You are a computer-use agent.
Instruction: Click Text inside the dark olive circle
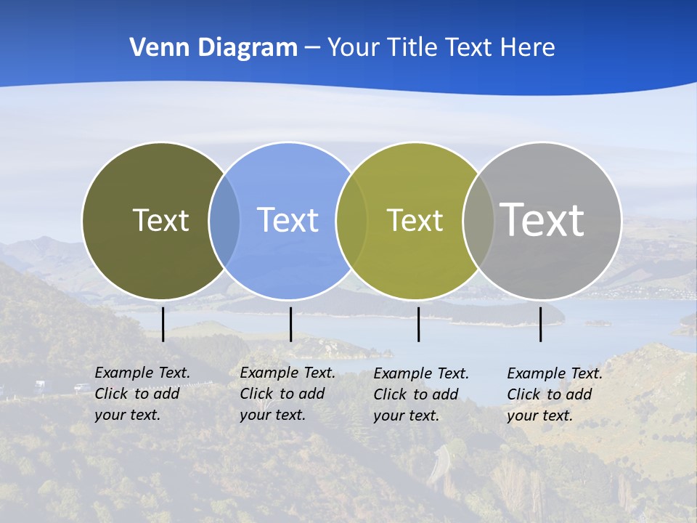pyautogui.click(x=160, y=220)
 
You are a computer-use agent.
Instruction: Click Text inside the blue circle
pyautogui.click(x=288, y=220)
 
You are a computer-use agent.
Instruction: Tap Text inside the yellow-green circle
pyautogui.click(x=415, y=220)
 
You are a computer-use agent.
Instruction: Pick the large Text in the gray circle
pyautogui.click(x=542, y=219)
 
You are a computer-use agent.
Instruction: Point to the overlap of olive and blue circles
pyautogui.click(x=224, y=220)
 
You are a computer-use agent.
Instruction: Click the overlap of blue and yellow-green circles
pyautogui.click(x=352, y=220)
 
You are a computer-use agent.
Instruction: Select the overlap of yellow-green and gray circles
pyautogui.click(x=478, y=220)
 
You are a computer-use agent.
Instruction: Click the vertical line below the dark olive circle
pyautogui.click(x=163, y=324)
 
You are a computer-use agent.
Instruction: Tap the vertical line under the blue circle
pyautogui.click(x=290, y=324)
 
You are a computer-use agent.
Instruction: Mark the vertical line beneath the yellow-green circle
pyautogui.click(x=418, y=324)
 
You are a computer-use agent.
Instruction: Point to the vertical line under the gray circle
pyautogui.click(x=540, y=324)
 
